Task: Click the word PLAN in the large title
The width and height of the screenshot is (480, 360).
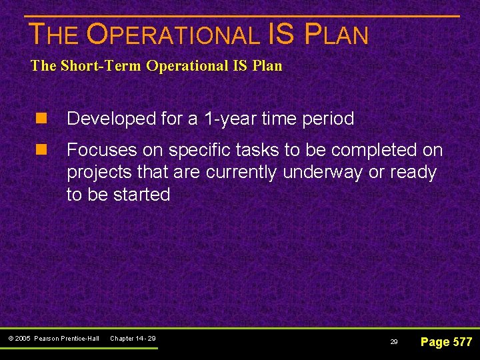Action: click(x=337, y=35)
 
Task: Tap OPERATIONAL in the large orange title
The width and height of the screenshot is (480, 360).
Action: click(x=173, y=35)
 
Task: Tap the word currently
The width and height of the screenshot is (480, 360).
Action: click(x=241, y=173)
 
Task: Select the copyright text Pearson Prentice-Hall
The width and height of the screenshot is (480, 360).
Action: click(x=66, y=339)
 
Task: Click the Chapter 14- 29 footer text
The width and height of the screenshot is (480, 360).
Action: click(x=133, y=339)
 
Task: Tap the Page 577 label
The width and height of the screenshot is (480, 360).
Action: click(x=446, y=342)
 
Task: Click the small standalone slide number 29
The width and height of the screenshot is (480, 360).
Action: click(x=394, y=342)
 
